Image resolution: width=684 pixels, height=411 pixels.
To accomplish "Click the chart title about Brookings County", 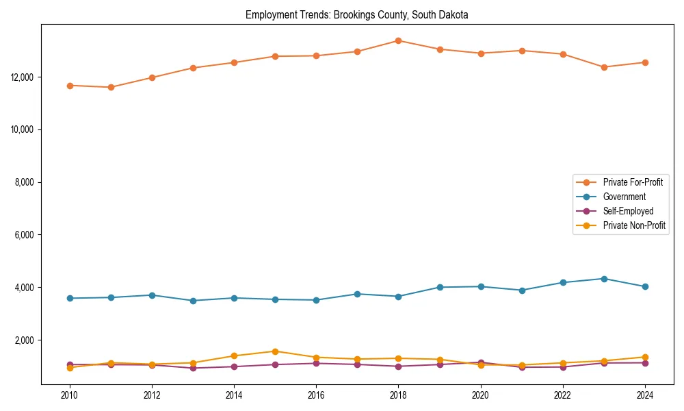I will pyautogui.click(x=356, y=15).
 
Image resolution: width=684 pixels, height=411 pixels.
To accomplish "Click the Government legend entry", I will pyautogui.click(x=624, y=197).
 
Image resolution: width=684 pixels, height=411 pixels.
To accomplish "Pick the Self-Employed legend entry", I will pyautogui.click(x=628, y=211).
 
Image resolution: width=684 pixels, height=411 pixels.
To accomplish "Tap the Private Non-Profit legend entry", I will pyautogui.click(x=634, y=225).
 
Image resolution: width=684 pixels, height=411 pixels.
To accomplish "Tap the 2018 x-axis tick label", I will pyautogui.click(x=398, y=395).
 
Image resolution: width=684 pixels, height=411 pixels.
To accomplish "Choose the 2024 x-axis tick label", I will pyautogui.click(x=644, y=395).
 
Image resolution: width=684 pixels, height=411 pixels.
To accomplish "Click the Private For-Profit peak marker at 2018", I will pyautogui.click(x=398, y=40).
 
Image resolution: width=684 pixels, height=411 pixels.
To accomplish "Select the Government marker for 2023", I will pyautogui.click(x=603, y=279).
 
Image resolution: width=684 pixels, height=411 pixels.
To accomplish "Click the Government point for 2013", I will pyautogui.click(x=193, y=301).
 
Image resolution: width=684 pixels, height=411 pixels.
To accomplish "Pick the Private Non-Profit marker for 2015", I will pyautogui.click(x=275, y=351).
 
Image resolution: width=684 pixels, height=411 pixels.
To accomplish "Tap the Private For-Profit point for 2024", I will pyautogui.click(x=644, y=62).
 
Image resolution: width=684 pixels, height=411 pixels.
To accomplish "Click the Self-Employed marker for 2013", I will pyautogui.click(x=193, y=368).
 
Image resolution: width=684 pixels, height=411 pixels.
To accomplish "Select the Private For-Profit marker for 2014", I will pyautogui.click(x=234, y=62).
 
